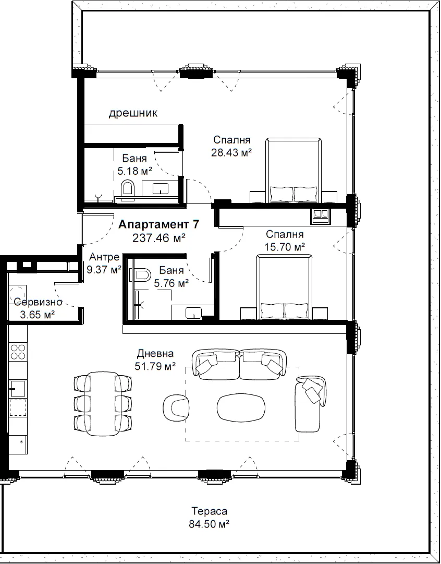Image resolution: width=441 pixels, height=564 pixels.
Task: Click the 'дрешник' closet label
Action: click(133, 113)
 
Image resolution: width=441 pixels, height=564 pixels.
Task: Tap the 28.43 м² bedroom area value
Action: click(231, 152)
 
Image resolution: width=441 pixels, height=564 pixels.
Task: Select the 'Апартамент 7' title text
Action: click(158, 224)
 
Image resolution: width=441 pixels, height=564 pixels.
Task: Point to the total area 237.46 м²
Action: click(159, 238)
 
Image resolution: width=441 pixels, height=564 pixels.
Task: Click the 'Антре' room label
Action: click(104, 257)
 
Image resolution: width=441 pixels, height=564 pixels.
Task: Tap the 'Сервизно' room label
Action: click(38, 302)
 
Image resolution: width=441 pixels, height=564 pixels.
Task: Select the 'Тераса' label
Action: click(209, 511)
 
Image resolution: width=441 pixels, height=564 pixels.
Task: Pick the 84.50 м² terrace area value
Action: click(209, 524)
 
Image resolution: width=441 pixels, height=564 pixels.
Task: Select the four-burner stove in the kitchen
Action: click(18, 352)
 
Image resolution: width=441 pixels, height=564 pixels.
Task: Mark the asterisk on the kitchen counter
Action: click(21, 441)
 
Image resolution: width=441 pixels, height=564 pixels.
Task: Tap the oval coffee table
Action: click(241, 407)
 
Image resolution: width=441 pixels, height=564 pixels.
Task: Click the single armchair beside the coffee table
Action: click(176, 407)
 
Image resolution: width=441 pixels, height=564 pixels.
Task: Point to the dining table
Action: click(103, 404)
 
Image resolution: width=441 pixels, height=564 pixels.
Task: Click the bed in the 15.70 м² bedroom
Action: click(284, 287)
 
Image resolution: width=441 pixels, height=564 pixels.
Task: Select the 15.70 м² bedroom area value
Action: click(285, 247)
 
